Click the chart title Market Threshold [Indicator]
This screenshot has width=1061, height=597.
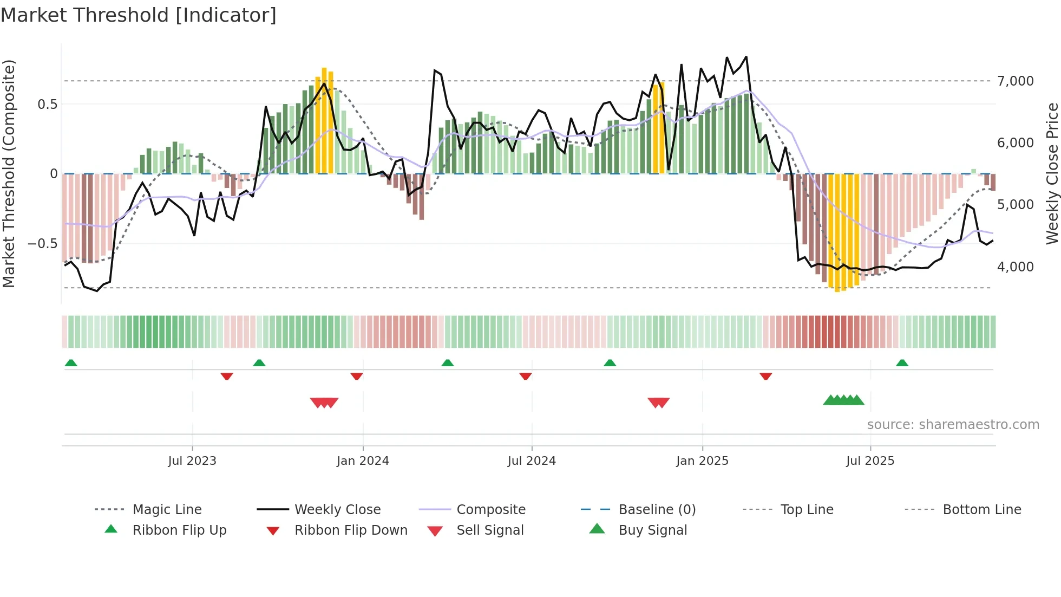tap(139, 15)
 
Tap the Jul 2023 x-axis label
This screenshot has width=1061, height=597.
tap(192, 461)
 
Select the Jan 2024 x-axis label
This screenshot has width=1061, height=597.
tap(363, 461)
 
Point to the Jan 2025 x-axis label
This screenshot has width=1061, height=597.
tap(702, 461)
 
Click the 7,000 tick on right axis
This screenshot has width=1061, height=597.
tap(1015, 81)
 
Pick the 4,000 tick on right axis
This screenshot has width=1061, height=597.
tap(1015, 267)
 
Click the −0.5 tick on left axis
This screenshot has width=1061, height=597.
tap(42, 244)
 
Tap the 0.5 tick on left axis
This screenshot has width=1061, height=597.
tap(47, 105)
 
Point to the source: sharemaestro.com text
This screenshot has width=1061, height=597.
tap(953, 425)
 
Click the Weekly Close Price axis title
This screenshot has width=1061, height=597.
tap(1052, 173)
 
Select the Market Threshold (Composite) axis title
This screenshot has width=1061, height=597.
tap(9, 173)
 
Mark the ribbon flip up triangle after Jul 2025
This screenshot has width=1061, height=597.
tap(902, 363)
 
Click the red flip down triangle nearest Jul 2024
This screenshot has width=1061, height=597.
tap(525, 376)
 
